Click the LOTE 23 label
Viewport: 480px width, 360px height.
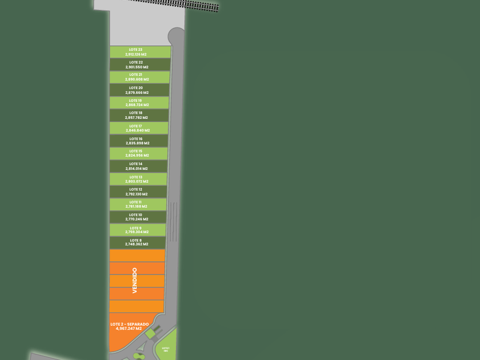(136, 50)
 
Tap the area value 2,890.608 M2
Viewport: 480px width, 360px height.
(137, 79)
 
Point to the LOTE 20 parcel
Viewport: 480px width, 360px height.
(137, 90)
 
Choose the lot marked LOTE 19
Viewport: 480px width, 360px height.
(137, 103)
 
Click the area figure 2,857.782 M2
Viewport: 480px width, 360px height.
(137, 118)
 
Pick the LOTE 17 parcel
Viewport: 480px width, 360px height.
(137, 129)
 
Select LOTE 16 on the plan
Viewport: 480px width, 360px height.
(137, 141)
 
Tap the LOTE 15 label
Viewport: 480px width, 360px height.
(136, 151)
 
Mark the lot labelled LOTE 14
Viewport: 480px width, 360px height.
(137, 166)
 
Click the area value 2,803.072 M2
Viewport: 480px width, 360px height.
(137, 181)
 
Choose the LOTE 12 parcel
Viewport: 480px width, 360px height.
(137, 192)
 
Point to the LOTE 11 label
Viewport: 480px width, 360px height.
(136, 202)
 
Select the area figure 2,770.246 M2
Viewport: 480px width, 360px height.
(137, 219)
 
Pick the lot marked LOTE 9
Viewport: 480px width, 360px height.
(137, 230)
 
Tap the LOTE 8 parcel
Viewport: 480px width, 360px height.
(137, 243)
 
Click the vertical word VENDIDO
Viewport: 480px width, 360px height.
(135, 281)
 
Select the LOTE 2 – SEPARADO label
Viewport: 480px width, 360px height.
(129, 324)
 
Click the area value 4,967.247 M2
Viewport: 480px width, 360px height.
(129, 329)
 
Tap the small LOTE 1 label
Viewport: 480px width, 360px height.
(166, 348)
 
